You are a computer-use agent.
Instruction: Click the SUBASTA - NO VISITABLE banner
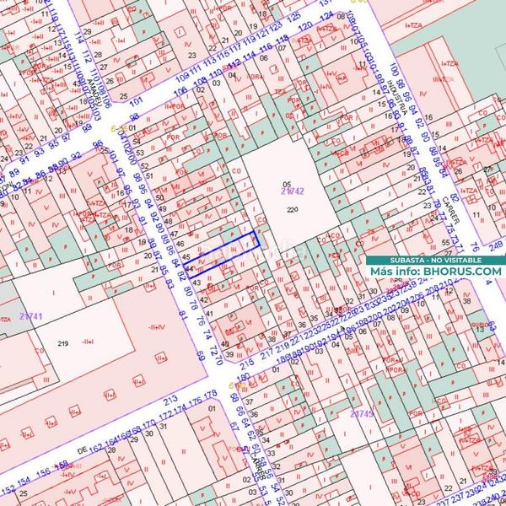click(x=434, y=260)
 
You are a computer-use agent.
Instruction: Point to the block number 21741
click(x=30, y=315)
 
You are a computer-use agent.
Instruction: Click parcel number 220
click(x=293, y=209)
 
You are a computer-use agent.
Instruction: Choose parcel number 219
click(x=62, y=344)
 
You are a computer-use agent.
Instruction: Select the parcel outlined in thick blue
click(x=227, y=250)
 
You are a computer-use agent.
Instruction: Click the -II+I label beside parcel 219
click(x=154, y=327)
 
